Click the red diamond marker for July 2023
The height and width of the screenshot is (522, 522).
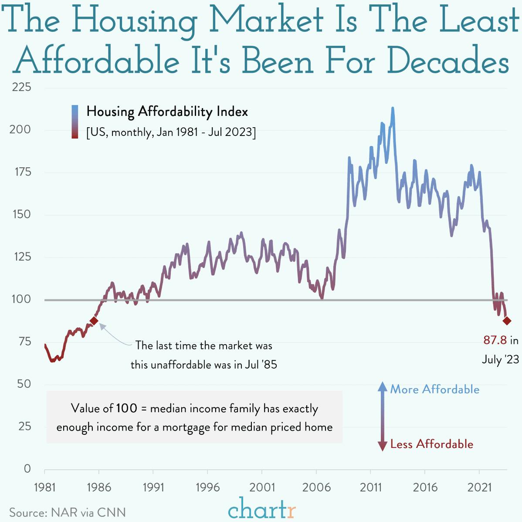coord(507,321)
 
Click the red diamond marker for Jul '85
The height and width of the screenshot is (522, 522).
coord(94,321)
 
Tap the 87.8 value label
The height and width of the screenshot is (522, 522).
coord(495,340)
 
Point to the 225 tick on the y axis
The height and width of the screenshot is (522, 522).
coord(21,87)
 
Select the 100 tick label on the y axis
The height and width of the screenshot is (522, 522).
coord(21,299)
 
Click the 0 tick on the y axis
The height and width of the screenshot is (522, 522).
coord(27,468)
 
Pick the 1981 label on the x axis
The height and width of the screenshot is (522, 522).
coord(44,487)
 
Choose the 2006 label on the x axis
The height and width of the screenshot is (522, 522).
coord(316,487)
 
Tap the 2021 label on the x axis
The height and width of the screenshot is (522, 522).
coord(479,487)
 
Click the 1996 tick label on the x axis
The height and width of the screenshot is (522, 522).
coord(207,487)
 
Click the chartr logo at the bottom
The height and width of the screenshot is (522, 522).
coord(261,509)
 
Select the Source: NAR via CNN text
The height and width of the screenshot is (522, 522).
coord(68,512)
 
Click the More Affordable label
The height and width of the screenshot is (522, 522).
coord(434,389)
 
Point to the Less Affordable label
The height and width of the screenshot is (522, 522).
coord(431,444)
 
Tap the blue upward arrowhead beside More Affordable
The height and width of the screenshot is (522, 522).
coord(382,386)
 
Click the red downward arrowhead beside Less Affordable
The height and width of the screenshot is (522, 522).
coord(382,446)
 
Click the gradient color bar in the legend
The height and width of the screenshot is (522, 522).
coord(75,122)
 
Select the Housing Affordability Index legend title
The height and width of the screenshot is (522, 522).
coord(167,112)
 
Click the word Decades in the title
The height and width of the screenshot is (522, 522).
coord(448,61)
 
